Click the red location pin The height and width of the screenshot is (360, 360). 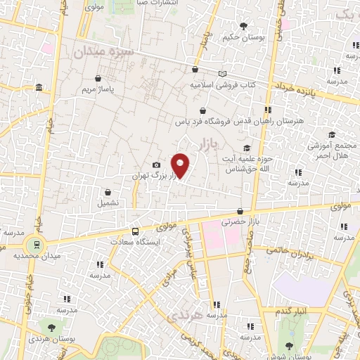[180, 165]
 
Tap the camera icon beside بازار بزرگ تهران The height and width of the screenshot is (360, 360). [156, 165]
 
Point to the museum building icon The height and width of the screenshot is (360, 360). [38, 87]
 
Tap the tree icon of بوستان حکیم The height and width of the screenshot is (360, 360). [243, 26]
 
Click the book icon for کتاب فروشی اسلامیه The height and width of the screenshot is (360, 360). [223, 73]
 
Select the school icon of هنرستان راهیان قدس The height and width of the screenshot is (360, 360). [267, 110]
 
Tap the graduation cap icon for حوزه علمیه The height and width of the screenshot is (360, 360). [246, 148]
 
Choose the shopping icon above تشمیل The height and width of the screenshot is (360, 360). [108, 191]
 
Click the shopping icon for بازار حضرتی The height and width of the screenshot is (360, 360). [240, 210]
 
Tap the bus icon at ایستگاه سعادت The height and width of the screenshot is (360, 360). [135, 231]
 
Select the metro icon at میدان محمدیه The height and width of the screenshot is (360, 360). [32, 244]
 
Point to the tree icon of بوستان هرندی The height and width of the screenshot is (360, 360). [51, 328]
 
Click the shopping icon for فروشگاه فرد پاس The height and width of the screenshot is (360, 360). [203, 110]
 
